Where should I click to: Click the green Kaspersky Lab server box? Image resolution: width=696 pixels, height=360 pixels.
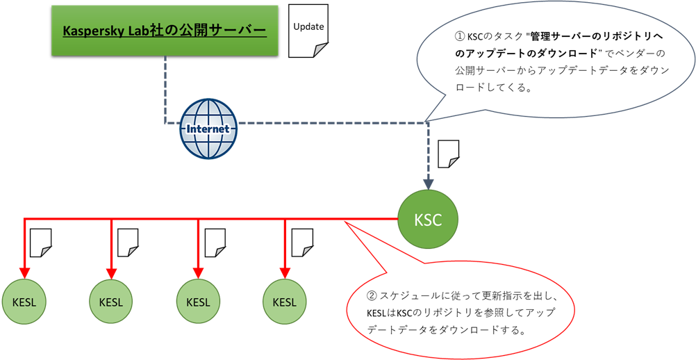point(165,31)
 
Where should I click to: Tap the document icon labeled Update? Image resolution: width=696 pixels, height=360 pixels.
point(308,31)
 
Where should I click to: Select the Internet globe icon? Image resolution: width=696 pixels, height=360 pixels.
point(208,129)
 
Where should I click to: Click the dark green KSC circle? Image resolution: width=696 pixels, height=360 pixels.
point(429,220)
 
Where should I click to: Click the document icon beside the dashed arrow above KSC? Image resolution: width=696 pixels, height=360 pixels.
point(449,154)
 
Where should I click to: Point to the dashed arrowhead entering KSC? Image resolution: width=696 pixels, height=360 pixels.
point(429,184)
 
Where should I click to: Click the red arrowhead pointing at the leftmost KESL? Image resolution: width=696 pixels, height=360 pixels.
point(24,272)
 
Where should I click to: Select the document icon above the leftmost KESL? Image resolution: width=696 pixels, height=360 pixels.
point(42,243)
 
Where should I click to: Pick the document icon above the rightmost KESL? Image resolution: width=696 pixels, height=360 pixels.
point(302,243)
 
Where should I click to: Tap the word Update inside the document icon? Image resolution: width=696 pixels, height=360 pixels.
point(308,26)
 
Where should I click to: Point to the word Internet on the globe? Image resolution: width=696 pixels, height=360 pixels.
point(208,129)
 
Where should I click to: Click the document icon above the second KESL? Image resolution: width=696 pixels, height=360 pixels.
point(129,243)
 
